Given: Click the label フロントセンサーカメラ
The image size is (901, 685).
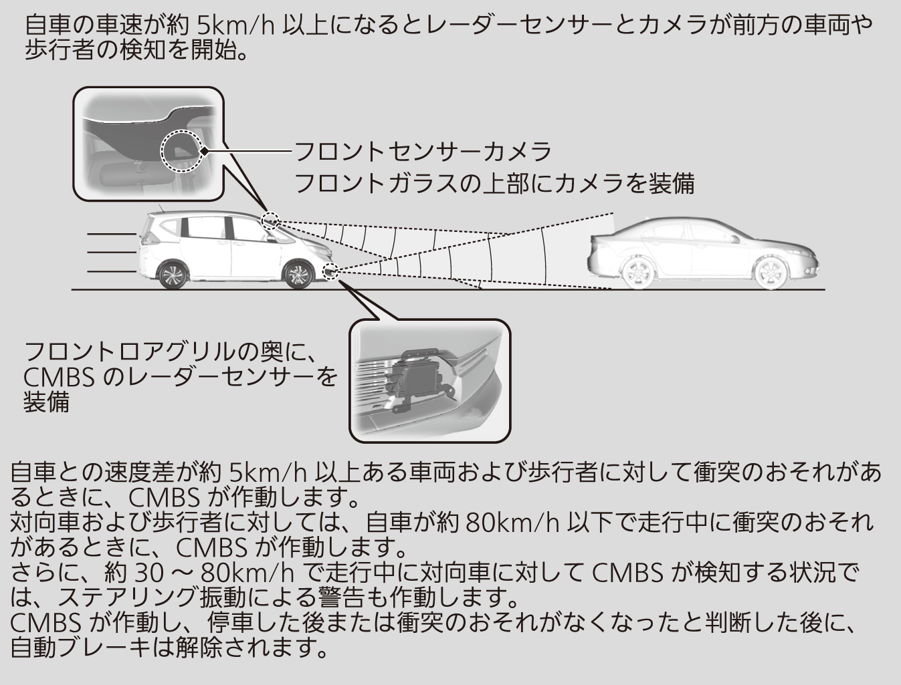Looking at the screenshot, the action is (x=423, y=152).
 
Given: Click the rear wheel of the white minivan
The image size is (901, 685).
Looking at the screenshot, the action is (x=173, y=275).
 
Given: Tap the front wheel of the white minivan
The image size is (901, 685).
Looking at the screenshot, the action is (x=298, y=275).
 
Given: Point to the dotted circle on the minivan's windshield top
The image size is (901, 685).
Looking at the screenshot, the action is (x=270, y=221).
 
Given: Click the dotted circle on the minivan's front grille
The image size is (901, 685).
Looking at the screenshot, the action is (x=330, y=271).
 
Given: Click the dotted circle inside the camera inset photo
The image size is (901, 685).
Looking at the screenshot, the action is (x=181, y=151).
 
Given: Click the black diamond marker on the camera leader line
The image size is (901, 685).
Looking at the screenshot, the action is (x=204, y=152).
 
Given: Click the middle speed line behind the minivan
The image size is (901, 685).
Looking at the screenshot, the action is (x=112, y=253).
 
